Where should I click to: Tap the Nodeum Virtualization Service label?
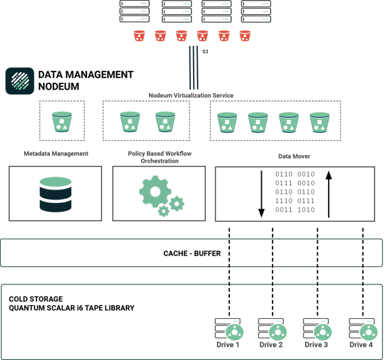(x=190, y=96)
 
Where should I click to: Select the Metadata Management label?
(x=55, y=154)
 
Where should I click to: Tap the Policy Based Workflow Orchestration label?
(x=159, y=157)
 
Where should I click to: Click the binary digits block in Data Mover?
(x=294, y=191)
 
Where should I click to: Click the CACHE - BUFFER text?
(x=192, y=253)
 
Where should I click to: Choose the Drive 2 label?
(x=271, y=345)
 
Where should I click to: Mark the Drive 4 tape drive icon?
(x=361, y=330)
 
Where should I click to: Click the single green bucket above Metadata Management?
(x=62, y=121)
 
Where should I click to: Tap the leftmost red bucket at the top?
(x=139, y=36)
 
